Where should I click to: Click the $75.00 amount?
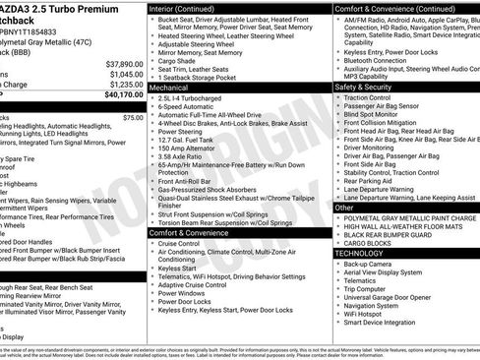[x=133, y=117]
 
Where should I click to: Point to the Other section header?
[x=344, y=209]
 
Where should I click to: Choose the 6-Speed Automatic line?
[x=192, y=107]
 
